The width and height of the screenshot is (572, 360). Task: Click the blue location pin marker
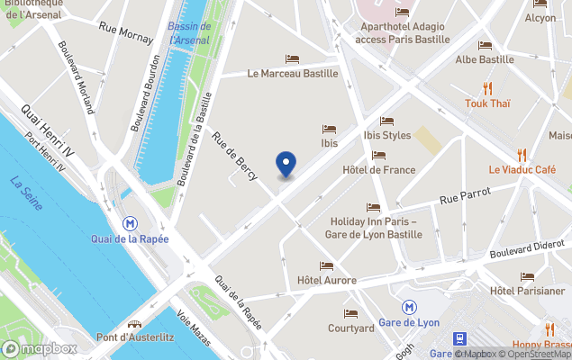[286, 165]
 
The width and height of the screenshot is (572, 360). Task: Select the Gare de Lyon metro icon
[410, 307]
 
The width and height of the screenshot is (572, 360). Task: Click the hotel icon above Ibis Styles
[386, 121]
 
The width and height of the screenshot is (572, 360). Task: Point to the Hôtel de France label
[379, 169]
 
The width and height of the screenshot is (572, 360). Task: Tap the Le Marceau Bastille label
[293, 74]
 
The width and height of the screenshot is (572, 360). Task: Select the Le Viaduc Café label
[522, 169]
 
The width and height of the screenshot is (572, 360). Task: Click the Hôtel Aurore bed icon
[326, 265]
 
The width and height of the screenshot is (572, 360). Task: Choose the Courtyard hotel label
[351, 328]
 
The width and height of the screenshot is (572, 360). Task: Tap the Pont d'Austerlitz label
[134, 338]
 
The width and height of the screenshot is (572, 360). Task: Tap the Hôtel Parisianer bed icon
[527, 275]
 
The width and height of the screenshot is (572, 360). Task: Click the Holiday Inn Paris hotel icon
[373, 207]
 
